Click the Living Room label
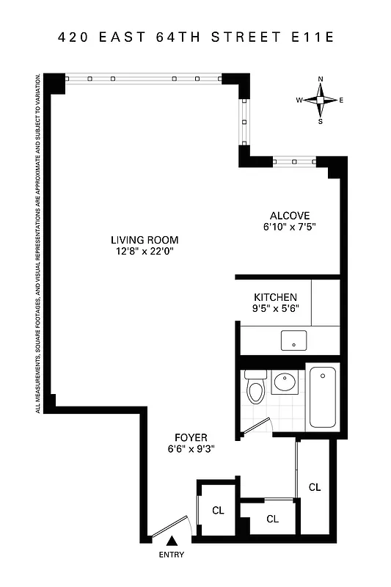tap(145, 240)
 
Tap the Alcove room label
tap(290, 216)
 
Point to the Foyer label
tap(191, 437)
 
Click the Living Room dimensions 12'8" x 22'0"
tap(145, 252)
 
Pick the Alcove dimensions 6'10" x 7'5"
tap(290, 227)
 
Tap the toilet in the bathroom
tap(255, 390)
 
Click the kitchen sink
tap(294, 340)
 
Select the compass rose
tap(321, 100)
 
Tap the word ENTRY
tap(172, 555)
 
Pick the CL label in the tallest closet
tap(315, 487)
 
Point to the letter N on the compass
tap(321, 79)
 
